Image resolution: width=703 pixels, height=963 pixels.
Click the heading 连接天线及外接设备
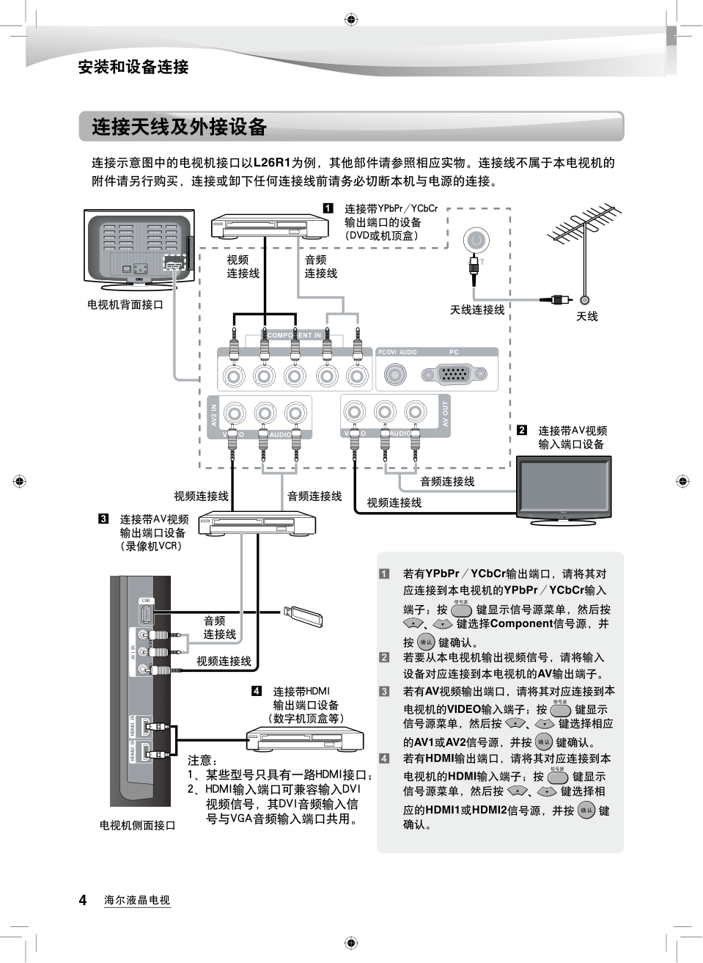coord(179,127)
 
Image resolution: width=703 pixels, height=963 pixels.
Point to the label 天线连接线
coord(476,310)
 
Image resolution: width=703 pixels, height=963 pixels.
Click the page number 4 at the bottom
coord(83,900)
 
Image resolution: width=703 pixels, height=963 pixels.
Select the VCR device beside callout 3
coord(256,522)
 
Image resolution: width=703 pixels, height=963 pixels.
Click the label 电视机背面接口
coord(125,304)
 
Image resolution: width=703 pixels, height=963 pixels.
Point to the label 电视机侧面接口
coord(137,825)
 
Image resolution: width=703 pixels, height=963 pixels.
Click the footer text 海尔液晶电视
coord(137,900)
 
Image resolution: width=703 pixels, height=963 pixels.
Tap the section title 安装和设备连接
coord(133,67)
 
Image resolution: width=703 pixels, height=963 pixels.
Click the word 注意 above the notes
coord(203,761)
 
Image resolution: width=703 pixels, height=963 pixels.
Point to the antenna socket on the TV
coord(475,240)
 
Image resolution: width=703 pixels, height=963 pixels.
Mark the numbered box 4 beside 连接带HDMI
coord(257,691)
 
